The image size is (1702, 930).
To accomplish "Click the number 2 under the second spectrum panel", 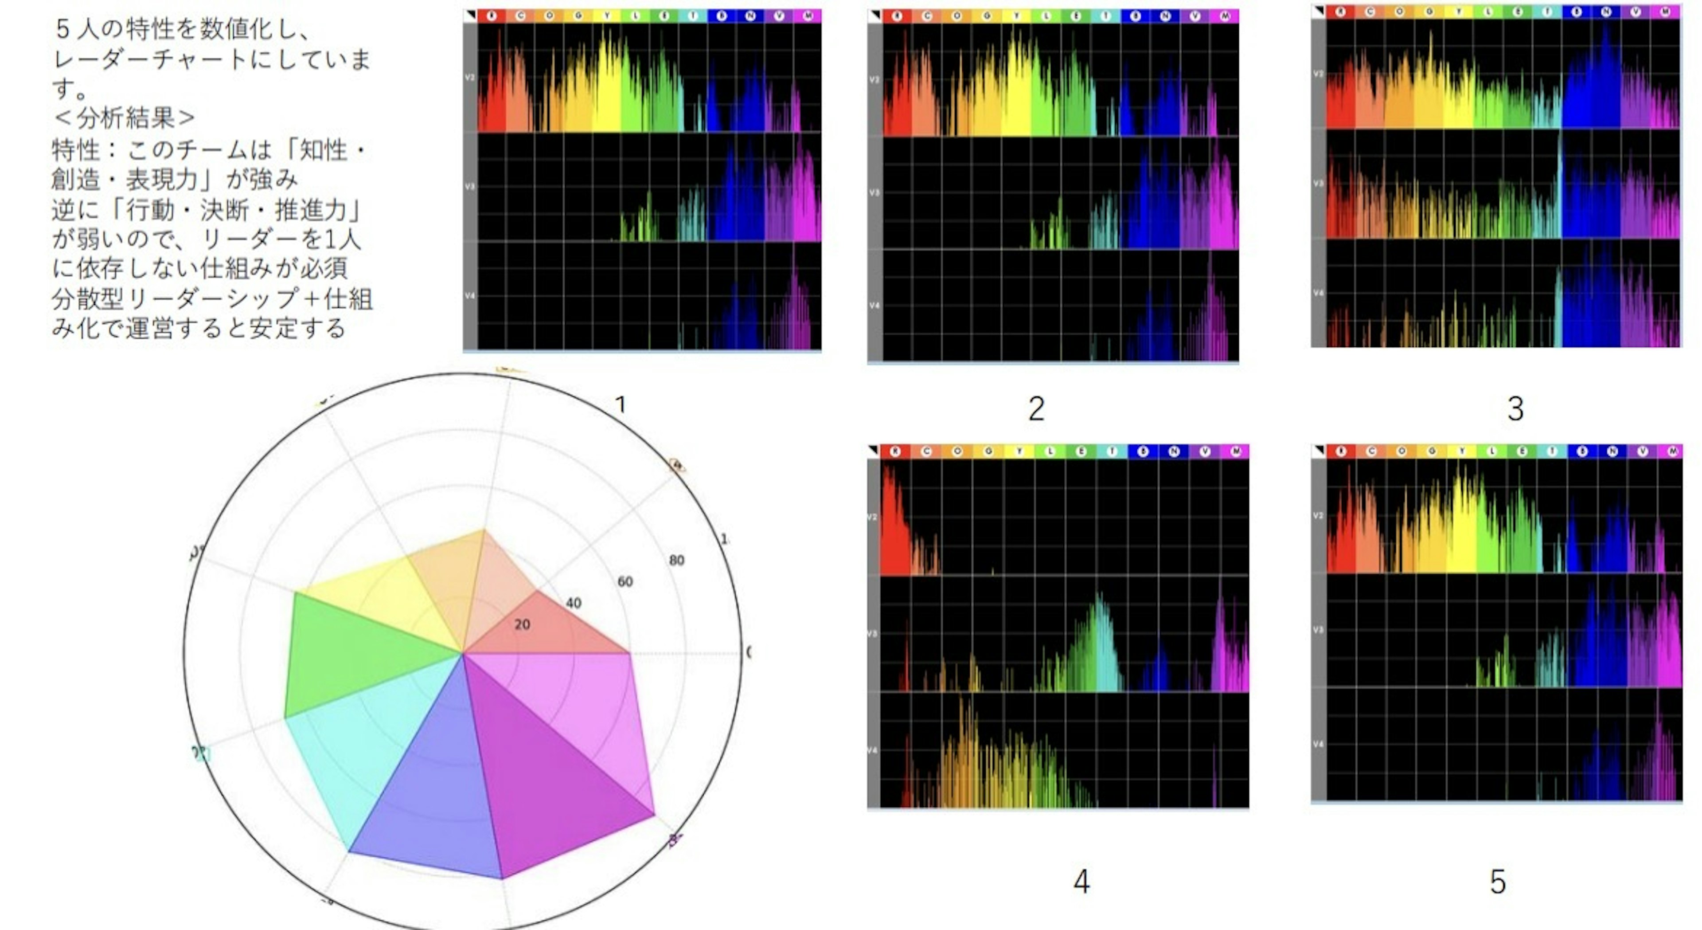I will pos(1036,408).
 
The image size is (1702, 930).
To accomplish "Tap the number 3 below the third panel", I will pos(1515,408).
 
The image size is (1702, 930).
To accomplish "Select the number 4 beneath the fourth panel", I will pos(1081,881).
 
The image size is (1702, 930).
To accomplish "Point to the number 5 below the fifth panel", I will pos(1497,882).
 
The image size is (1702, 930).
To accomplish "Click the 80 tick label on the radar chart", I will pos(676,561).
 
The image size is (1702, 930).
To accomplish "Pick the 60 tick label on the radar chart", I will pos(625,582).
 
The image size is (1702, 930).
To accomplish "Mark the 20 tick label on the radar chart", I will pos(522,624).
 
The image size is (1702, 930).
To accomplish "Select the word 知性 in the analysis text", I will pos(324,150).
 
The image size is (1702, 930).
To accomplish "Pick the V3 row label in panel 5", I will pos(1318,630).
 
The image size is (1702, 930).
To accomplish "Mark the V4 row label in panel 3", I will pos(1318,293).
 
